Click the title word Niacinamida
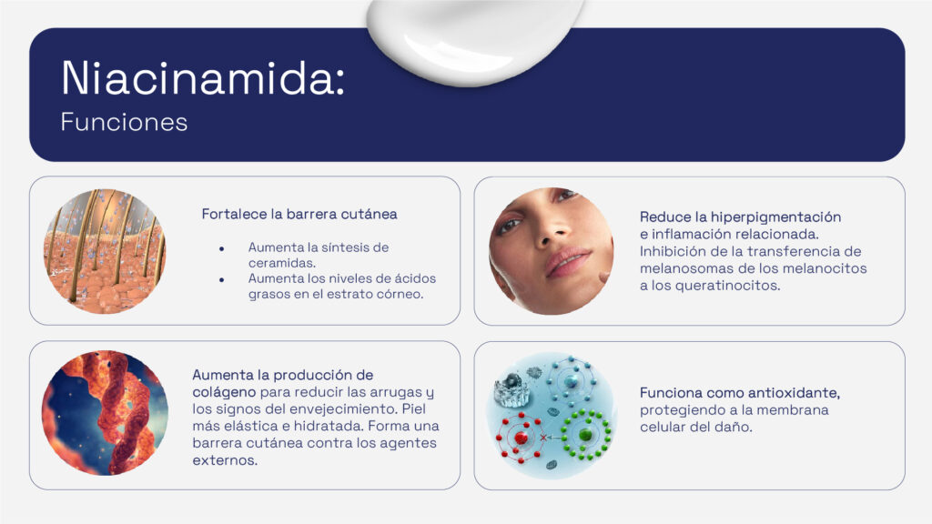202,79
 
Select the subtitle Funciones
124,123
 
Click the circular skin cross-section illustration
105,251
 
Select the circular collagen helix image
105,413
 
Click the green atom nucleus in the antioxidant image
582,436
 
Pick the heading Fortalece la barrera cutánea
299,215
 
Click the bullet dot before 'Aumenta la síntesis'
221,248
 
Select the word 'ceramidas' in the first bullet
279,263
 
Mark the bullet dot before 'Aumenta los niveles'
221,280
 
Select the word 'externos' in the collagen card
225,460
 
